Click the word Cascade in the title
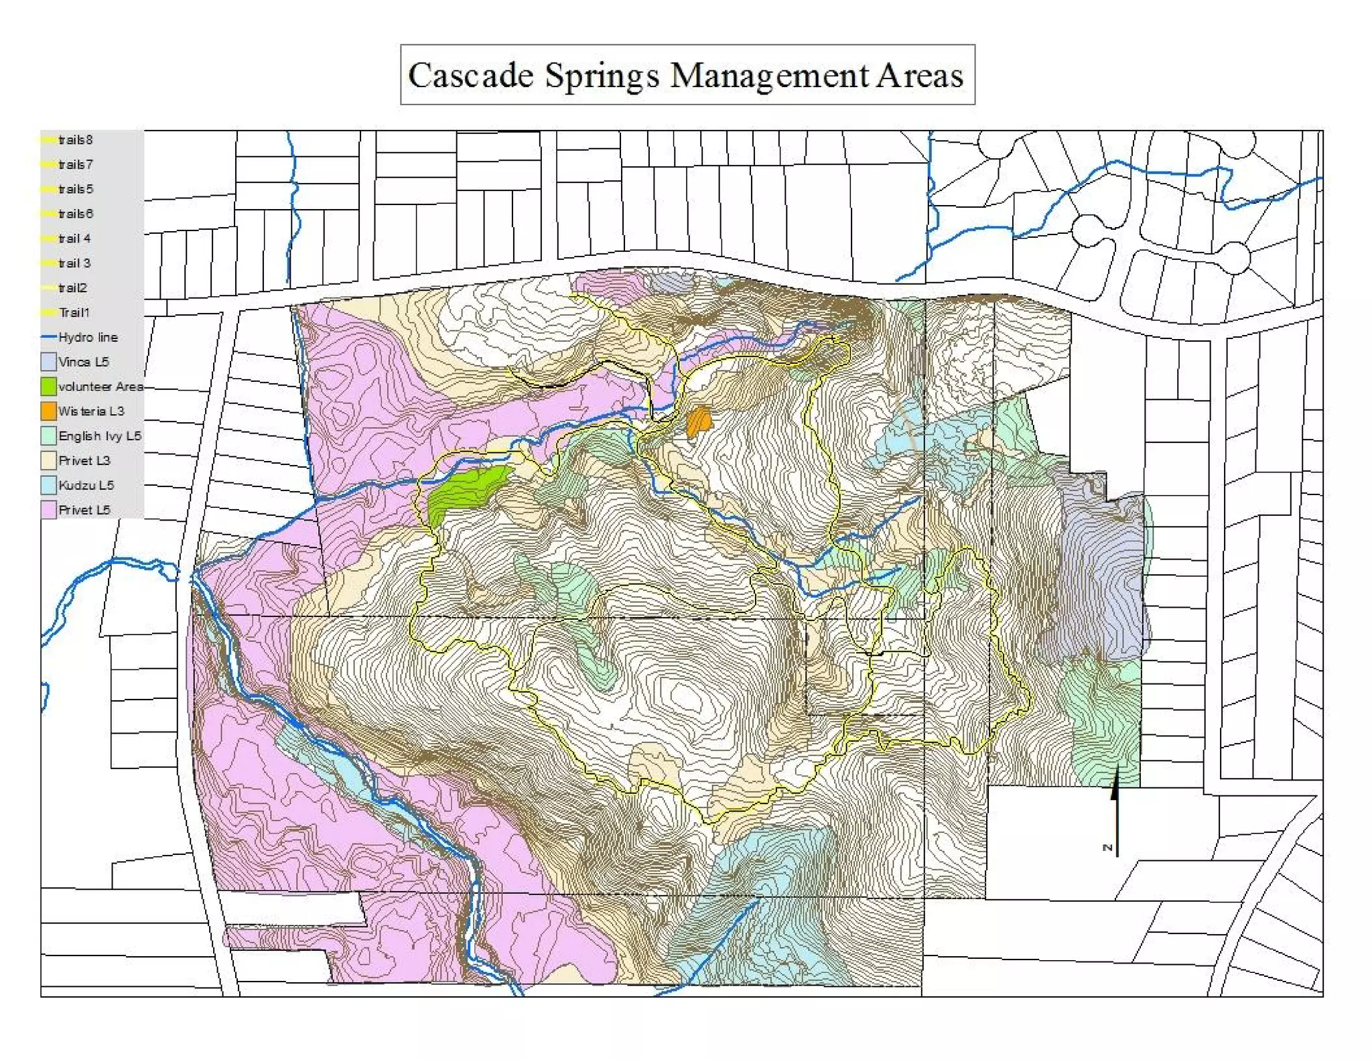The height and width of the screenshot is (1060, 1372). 470,75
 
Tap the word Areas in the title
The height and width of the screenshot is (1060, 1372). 919,75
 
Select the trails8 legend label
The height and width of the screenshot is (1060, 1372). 75,140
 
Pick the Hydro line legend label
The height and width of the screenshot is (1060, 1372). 88,337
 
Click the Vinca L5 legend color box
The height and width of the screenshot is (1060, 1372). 48,362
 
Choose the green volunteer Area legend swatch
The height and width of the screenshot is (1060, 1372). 48,387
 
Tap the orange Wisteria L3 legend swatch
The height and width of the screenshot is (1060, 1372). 48,411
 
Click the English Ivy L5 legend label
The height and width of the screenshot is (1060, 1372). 99,436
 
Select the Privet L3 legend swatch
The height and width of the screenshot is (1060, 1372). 48,460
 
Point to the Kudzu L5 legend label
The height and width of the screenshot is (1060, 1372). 86,485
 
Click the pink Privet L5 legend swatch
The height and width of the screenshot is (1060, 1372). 48,510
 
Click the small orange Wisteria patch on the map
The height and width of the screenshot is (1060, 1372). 699,421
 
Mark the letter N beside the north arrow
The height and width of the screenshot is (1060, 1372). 1107,848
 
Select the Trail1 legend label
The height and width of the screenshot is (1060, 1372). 74,312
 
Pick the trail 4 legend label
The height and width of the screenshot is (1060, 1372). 74,239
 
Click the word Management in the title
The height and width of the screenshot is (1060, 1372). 769,75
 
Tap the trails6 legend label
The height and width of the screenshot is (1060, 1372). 75,214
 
